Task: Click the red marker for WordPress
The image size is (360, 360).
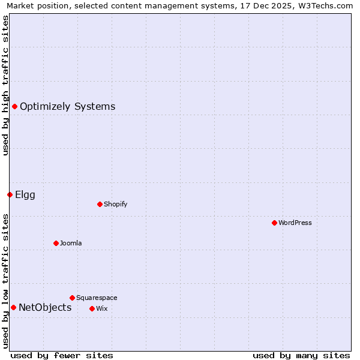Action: (274, 223)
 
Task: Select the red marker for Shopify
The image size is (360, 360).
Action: (100, 204)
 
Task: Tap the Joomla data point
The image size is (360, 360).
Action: (56, 243)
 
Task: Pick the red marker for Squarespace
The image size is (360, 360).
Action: (72, 298)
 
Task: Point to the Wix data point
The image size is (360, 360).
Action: (92, 308)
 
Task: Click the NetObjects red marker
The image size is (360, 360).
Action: (13, 307)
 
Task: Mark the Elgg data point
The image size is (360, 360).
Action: (10, 194)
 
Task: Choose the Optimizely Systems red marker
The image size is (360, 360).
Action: (14, 106)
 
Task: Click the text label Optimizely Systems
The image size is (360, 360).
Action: (67, 107)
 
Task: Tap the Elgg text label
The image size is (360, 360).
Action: (25, 195)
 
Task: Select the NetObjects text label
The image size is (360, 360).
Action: (45, 308)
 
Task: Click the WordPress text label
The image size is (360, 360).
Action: (295, 223)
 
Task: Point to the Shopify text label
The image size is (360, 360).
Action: (115, 204)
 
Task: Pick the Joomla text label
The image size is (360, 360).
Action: (71, 243)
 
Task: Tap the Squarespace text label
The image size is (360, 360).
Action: (97, 298)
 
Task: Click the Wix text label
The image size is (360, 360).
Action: (101, 308)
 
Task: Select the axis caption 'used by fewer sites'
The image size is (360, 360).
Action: (62, 355)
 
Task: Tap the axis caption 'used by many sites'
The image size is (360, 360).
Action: (301, 355)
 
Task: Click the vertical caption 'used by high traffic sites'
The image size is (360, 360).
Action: (5, 85)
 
